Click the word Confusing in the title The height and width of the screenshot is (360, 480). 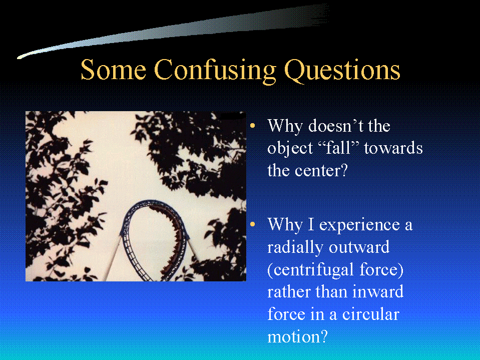216,71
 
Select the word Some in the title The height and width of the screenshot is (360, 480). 113,69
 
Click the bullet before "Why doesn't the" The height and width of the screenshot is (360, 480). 252,126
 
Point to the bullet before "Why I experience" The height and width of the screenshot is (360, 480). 252,224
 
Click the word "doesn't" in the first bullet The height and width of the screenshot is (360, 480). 336,126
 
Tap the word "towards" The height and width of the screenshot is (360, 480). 393,148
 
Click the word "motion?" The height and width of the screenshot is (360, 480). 297,336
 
